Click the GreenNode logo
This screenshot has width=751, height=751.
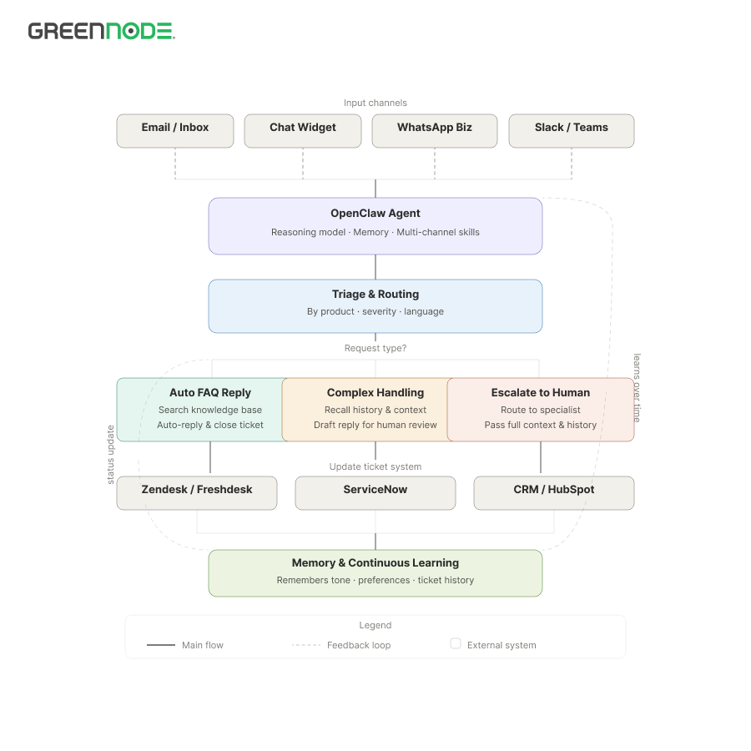click(102, 31)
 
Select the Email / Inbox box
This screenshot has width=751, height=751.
click(175, 131)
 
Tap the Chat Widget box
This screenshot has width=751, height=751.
click(303, 131)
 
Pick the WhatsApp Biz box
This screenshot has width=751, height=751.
click(435, 131)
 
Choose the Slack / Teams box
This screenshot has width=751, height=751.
click(572, 131)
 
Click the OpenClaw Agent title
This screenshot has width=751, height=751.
click(375, 213)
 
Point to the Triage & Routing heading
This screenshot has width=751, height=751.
click(375, 294)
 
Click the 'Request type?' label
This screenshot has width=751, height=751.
click(375, 348)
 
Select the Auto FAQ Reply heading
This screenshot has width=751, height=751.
click(210, 393)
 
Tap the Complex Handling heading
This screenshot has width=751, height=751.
click(375, 393)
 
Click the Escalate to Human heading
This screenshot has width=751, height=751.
click(541, 393)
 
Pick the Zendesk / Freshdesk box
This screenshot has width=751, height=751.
click(197, 493)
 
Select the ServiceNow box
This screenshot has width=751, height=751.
click(375, 493)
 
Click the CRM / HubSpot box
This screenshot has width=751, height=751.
click(554, 493)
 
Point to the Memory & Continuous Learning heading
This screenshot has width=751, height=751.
click(375, 562)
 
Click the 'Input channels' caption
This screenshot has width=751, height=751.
click(375, 103)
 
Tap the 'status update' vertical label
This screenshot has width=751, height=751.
click(111, 455)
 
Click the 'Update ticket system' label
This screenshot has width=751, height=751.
click(375, 466)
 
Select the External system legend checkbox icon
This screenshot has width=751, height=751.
click(456, 643)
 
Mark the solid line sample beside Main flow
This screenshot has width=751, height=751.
click(161, 645)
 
